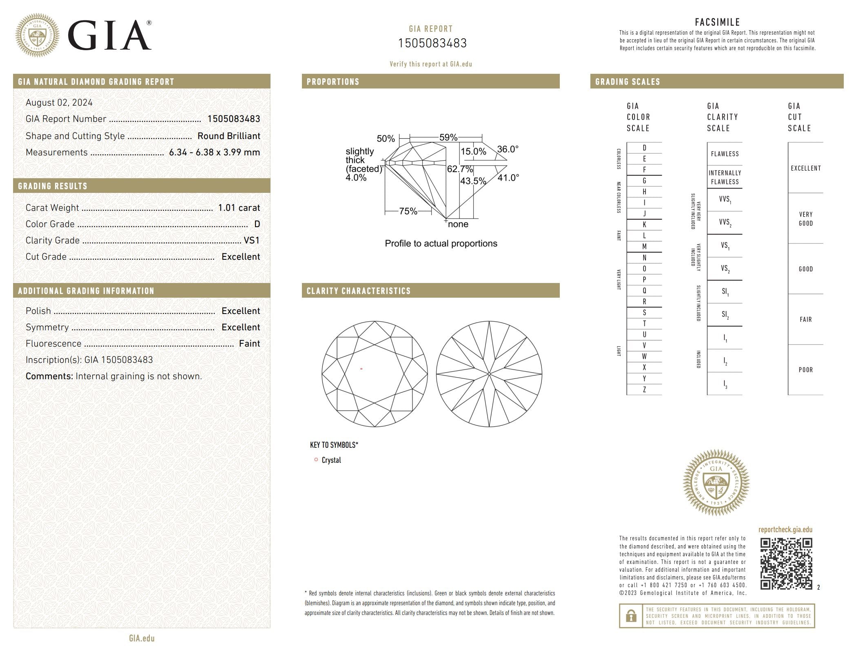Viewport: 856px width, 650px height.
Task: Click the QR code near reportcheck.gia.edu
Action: point(786,563)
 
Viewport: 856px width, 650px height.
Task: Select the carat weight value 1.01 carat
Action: point(239,208)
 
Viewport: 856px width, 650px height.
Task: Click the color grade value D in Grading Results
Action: point(257,224)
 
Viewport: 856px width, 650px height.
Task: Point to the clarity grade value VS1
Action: point(251,240)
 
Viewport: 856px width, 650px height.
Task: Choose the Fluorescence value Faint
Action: point(249,343)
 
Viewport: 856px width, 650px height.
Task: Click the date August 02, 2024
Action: point(59,102)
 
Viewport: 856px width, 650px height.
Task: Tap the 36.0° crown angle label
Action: point(508,149)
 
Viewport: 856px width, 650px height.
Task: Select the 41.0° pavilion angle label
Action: point(508,178)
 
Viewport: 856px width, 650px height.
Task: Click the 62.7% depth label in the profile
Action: point(460,169)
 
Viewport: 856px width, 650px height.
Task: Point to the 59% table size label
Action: point(448,137)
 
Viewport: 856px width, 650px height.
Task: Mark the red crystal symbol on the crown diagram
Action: point(361,369)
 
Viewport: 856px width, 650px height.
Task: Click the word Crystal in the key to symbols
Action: point(331,460)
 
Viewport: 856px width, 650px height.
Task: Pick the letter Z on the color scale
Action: point(644,389)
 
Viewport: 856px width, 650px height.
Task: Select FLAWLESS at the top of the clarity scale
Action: point(725,154)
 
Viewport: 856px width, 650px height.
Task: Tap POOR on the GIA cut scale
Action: point(805,370)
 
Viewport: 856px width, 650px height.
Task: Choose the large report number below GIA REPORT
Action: point(432,43)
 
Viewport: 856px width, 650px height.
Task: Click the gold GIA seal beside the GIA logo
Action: point(37,35)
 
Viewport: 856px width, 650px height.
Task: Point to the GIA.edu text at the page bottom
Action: point(142,638)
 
